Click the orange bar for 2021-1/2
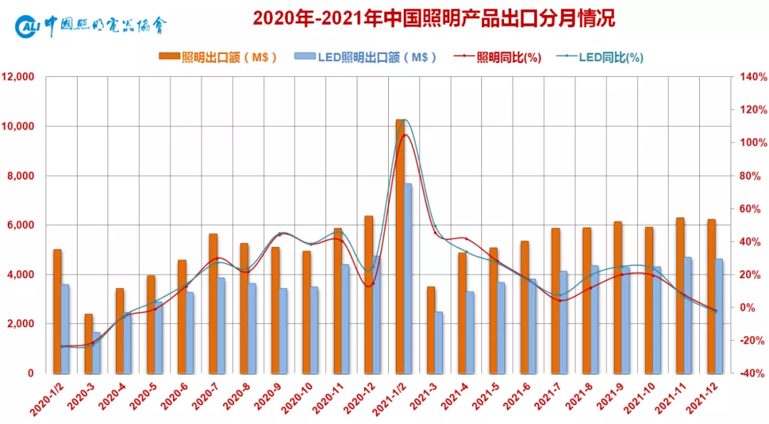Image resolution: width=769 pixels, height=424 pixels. (400, 245)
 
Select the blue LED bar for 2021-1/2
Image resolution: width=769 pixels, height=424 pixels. (408, 277)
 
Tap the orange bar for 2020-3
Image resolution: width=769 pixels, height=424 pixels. (88, 343)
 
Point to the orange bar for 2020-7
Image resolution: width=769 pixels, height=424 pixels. (213, 302)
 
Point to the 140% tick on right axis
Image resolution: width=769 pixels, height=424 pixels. (753, 77)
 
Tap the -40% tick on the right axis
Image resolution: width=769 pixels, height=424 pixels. (753, 373)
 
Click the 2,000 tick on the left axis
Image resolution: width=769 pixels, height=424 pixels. (21, 324)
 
